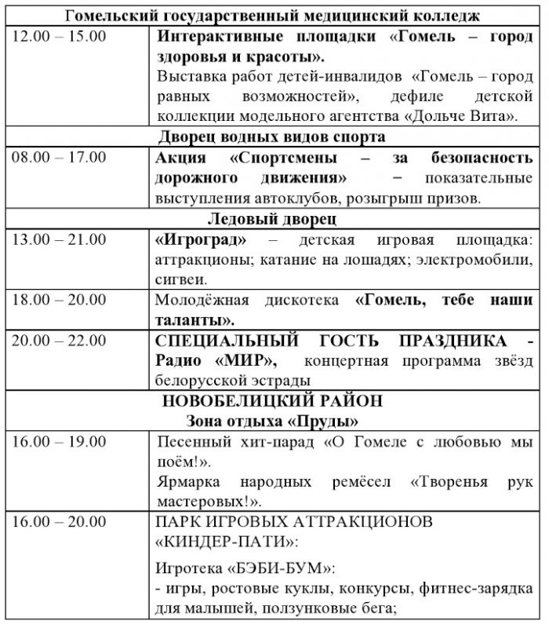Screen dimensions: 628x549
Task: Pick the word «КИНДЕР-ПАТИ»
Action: (219, 542)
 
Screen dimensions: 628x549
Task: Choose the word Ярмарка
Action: (187, 480)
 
